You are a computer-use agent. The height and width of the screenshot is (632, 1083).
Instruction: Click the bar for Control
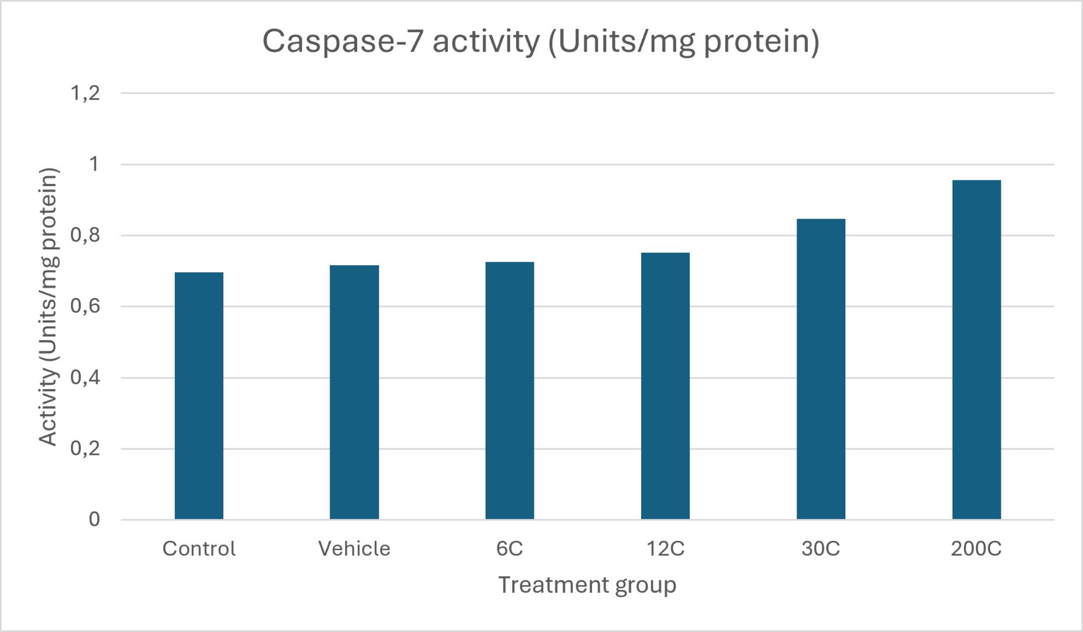coord(199,396)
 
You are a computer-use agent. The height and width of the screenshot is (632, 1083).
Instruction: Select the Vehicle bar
coord(354,392)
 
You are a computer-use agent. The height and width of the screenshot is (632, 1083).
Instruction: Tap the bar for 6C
coord(510,391)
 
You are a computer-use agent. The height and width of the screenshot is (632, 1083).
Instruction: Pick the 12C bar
coord(665,386)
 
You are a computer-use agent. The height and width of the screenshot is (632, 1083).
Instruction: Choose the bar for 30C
coord(821,369)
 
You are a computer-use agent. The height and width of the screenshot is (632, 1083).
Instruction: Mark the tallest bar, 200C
coord(977,350)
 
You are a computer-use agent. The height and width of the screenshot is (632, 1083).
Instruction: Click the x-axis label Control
coord(199,549)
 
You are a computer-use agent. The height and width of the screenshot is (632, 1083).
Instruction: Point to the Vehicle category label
coord(354,549)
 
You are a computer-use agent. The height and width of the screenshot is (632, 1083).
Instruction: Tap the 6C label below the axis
coord(510,549)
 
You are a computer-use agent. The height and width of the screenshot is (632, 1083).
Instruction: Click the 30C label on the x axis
coord(821,549)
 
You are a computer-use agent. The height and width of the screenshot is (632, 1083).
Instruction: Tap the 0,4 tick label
coord(85,378)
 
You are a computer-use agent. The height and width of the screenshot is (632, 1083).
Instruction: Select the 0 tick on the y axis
coord(94,520)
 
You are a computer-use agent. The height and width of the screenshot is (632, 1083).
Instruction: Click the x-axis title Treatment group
coord(587,585)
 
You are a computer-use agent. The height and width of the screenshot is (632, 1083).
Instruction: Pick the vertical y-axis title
coord(48,306)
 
